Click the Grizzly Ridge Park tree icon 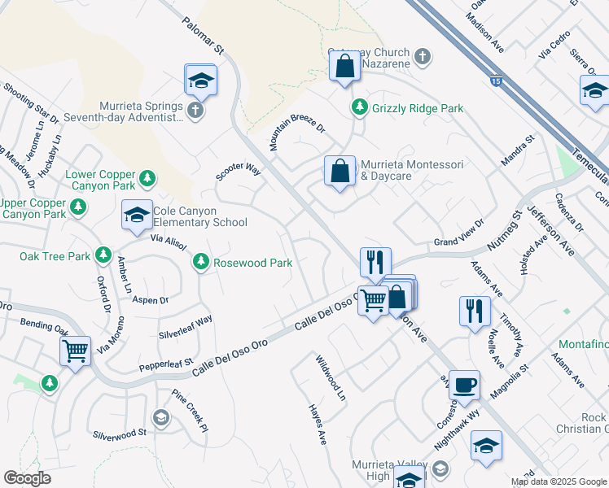359,107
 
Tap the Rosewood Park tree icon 200,262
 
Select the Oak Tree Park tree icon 103,255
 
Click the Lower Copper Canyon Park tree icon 147,177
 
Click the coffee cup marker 464,385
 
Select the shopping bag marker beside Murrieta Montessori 340,172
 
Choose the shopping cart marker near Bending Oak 75,351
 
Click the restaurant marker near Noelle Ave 475,311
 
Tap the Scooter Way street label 238,172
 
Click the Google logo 28,478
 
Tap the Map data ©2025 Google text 559,481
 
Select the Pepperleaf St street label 165,362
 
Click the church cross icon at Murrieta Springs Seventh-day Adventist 195,111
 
